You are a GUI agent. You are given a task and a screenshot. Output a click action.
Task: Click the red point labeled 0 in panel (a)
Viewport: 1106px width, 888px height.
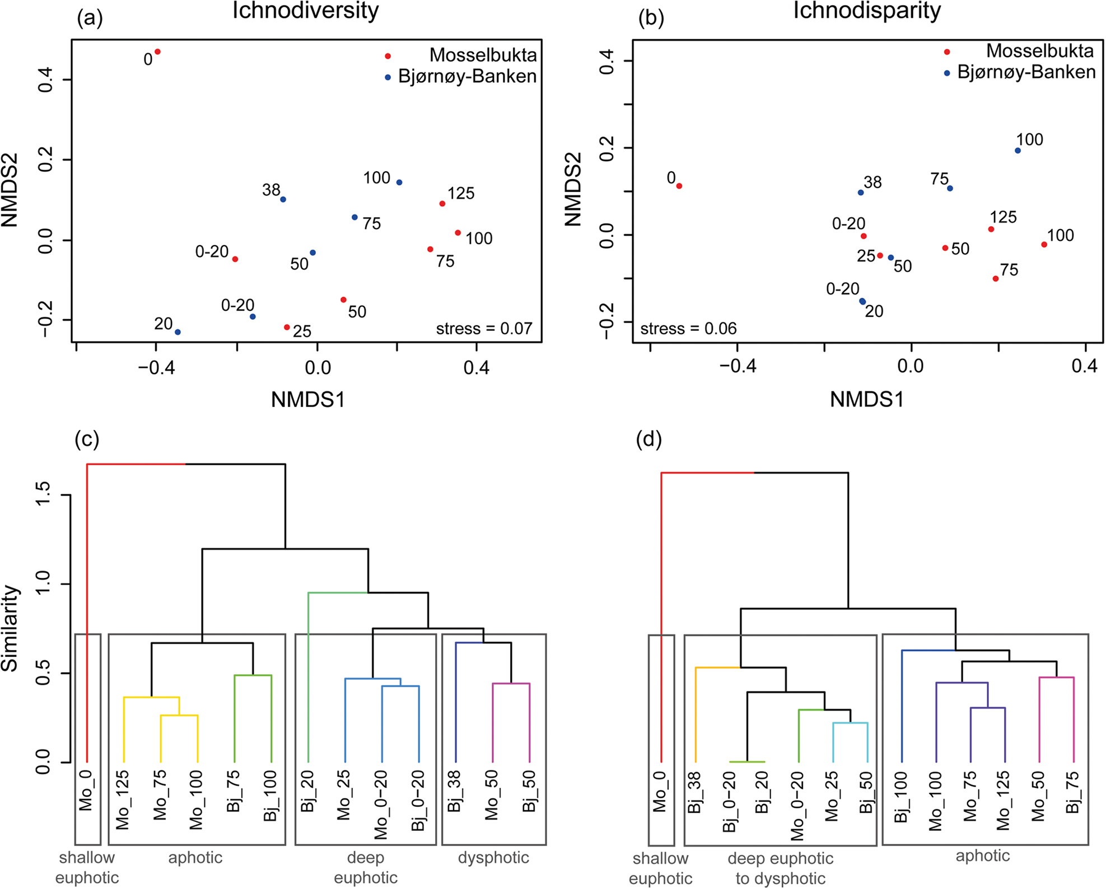pos(158,52)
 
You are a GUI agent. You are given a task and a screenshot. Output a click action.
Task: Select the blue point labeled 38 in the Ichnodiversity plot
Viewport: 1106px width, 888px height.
pos(283,199)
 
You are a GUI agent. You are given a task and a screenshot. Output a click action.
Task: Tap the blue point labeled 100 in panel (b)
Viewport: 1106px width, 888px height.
pos(1018,151)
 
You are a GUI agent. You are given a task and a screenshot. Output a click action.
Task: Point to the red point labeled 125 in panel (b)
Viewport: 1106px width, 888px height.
pos(991,229)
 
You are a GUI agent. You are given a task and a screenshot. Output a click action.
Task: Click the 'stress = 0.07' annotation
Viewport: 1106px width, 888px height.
pos(484,329)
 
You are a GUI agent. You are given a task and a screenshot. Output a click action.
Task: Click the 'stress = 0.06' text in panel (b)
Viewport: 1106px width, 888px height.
pos(688,329)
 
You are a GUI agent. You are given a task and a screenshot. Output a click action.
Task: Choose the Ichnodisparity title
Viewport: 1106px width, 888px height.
pos(866,10)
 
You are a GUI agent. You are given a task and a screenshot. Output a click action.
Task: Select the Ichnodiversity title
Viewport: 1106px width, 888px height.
pos(305,10)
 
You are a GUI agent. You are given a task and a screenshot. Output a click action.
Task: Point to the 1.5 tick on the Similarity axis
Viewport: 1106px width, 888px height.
pos(44,495)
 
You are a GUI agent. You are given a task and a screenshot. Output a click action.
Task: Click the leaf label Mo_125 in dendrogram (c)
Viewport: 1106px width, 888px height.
pos(123,799)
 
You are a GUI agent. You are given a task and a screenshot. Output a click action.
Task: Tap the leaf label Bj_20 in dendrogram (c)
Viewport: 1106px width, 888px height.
pos(308,791)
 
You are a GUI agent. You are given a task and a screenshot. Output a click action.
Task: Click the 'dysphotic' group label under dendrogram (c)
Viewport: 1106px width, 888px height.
pos(493,858)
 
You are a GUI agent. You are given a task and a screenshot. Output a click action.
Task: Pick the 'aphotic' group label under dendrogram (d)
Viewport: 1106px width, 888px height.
pos(983,856)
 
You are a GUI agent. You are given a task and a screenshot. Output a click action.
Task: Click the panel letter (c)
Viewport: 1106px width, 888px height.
pos(87,440)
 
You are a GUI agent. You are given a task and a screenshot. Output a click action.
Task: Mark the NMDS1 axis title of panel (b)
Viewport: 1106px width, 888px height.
pos(866,399)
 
